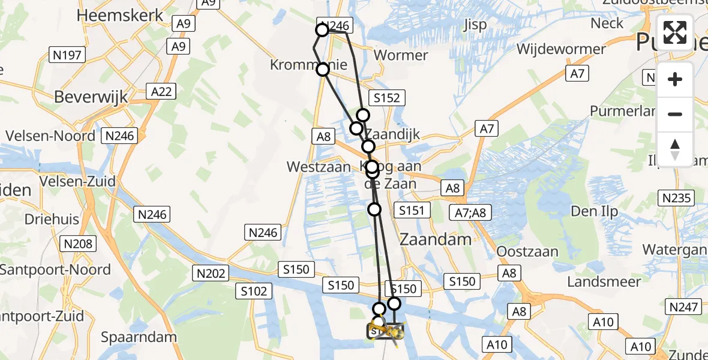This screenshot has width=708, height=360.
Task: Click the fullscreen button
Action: click(675, 32)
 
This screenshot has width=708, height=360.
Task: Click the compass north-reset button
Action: click(675, 149)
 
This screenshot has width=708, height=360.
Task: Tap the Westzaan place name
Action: click(318, 167)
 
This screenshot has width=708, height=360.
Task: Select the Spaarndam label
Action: click(139, 337)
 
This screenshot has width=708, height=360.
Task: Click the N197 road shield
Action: click(68, 56)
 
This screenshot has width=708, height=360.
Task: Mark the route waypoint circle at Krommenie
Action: click(323, 70)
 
